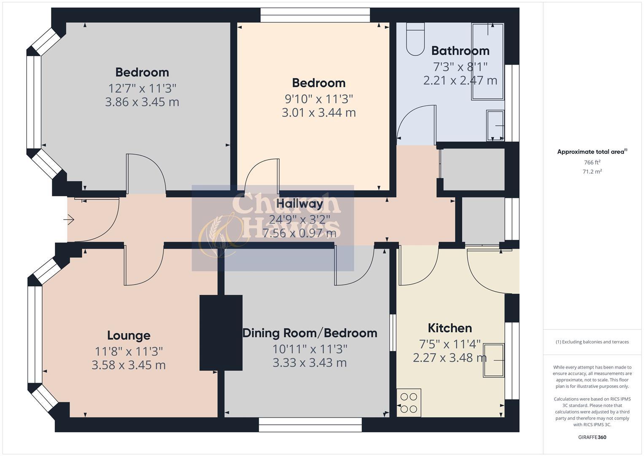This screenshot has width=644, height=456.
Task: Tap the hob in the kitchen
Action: [x=409, y=403]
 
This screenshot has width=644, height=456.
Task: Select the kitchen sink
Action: [x=494, y=360]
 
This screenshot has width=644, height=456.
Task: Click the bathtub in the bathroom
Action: [x=488, y=61]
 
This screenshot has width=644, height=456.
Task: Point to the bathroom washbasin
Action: [x=496, y=125]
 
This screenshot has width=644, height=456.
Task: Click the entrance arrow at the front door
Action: [x=69, y=220]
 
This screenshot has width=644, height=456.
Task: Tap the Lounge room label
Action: [x=129, y=336]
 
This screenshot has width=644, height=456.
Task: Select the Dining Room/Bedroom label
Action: [x=310, y=333]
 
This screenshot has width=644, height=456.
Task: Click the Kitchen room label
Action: [x=450, y=328]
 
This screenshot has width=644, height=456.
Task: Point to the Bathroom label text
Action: [x=460, y=51]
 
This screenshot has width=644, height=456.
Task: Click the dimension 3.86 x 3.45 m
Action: [x=142, y=102]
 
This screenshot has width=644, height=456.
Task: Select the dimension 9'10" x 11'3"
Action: [x=319, y=99]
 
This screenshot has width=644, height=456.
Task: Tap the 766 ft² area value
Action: [x=592, y=163]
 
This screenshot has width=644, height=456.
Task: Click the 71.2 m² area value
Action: [x=592, y=171]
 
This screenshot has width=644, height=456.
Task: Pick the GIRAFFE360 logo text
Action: [x=592, y=437]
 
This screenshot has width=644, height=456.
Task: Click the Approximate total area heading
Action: [x=591, y=152]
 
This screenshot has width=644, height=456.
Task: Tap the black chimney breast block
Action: [x=221, y=333]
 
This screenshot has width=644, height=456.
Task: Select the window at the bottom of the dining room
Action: [x=310, y=425]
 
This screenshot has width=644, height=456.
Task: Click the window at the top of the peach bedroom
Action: [x=315, y=15]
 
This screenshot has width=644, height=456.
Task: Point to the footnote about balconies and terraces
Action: [x=592, y=342]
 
